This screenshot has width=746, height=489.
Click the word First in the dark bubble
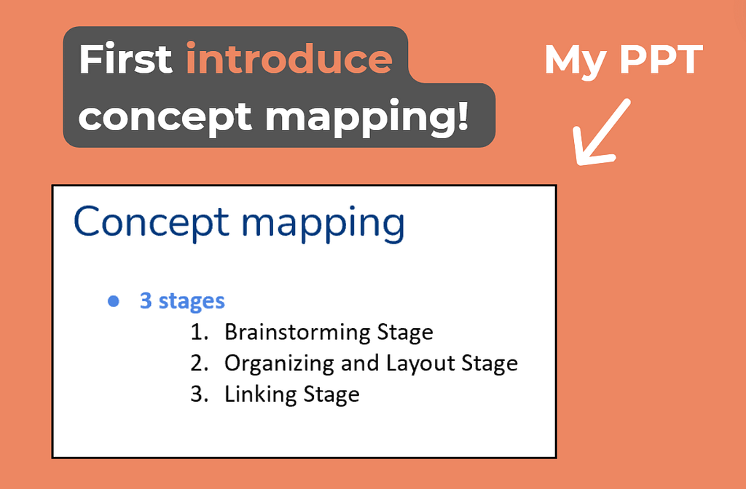(x=125, y=58)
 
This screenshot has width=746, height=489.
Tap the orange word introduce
(x=289, y=58)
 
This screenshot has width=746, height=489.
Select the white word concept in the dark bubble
(x=165, y=117)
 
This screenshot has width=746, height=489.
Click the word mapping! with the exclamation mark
(x=367, y=117)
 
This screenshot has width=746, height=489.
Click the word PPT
(x=661, y=60)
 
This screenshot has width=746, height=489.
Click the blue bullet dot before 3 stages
(x=113, y=301)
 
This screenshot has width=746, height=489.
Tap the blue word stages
(x=192, y=302)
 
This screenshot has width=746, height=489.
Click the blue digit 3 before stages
(x=146, y=301)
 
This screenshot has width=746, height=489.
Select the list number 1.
(x=199, y=332)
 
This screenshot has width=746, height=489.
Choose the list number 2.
(x=200, y=363)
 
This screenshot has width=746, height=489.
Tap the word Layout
(x=420, y=364)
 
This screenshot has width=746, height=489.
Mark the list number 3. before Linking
(x=200, y=394)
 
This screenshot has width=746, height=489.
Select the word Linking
(x=260, y=395)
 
